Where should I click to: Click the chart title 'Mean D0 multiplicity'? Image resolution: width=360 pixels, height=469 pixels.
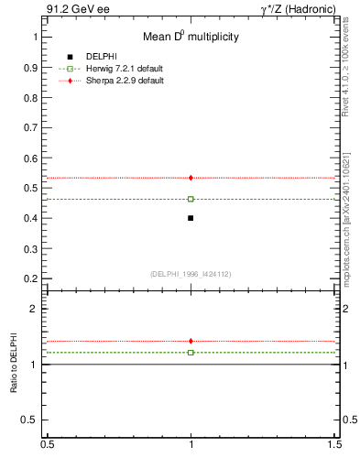(191, 38)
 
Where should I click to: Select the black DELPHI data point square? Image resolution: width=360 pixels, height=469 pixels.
(191, 218)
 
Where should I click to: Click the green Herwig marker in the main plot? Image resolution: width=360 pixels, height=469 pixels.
(191, 199)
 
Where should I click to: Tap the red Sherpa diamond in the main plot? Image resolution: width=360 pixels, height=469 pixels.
(191, 178)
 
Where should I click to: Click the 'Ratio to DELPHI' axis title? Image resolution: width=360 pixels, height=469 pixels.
(14, 364)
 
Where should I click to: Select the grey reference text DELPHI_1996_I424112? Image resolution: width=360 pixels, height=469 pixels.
(191, 273)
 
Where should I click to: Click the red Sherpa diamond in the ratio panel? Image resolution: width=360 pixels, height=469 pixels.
(191, 341)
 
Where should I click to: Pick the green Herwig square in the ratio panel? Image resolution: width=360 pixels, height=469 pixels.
(191, 352)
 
